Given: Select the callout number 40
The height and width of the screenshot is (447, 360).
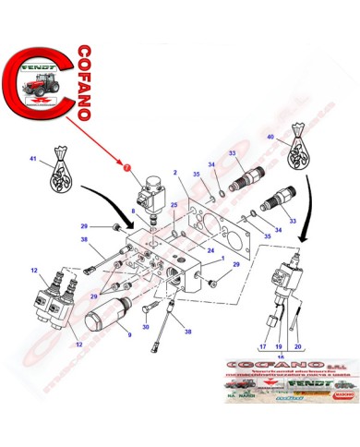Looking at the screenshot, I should pos(270,138).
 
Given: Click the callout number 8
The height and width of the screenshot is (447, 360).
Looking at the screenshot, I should pos(133,212).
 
